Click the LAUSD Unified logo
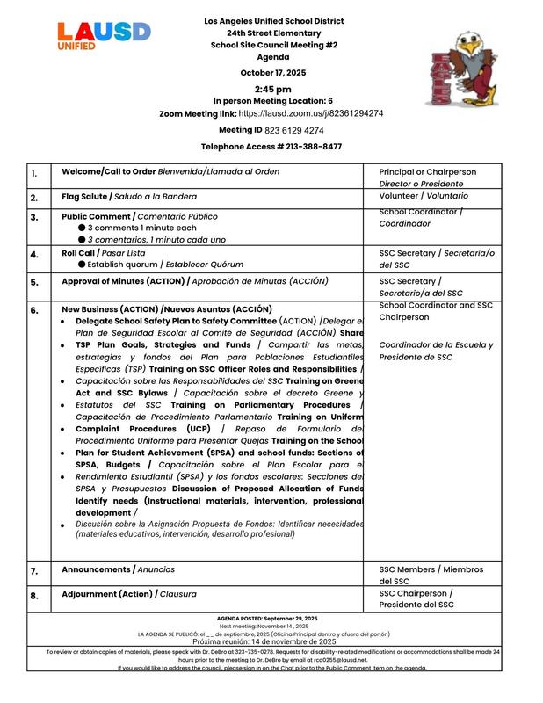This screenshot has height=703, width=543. (104, 35)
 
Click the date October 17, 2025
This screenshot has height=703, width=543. (273, 73)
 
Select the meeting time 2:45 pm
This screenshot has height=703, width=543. (273, 90)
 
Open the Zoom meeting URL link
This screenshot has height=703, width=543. (310, 114)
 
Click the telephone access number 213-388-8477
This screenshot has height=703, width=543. (308, 147)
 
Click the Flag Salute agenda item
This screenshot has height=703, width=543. (129, 198)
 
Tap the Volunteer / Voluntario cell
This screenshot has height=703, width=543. (424, 198)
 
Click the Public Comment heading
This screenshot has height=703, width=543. (139, 216)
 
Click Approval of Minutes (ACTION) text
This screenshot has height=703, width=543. (194, 282)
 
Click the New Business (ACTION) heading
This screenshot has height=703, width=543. (167, 309)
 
